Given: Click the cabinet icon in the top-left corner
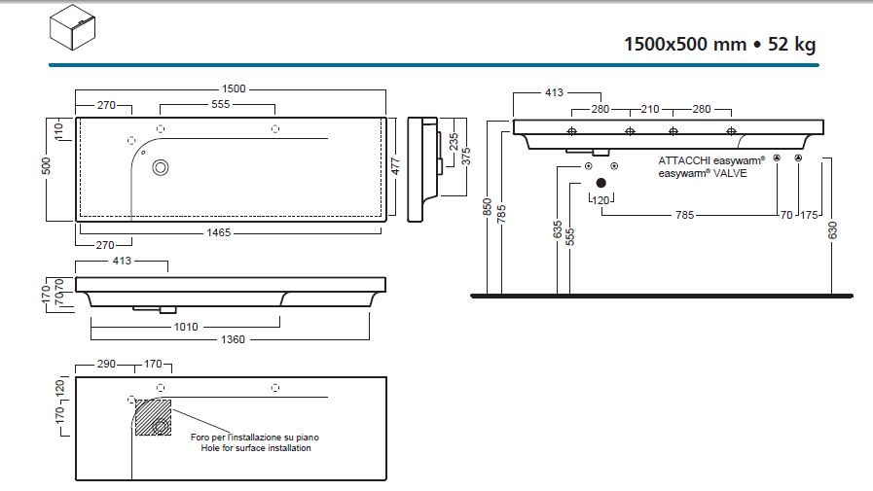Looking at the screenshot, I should click(75, 27).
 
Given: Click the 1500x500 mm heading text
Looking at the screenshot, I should click(682, 44).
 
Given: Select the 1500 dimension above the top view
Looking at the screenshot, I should click(234, 88).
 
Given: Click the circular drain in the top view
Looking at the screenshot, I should click(161, 167).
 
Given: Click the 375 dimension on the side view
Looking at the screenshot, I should click(468, 156).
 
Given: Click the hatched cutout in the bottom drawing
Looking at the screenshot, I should click(152, 415).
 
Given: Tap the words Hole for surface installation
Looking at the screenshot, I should click(256, 448).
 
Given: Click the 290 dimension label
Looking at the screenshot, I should click(107, 364).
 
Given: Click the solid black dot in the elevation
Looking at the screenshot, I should click(601, 182).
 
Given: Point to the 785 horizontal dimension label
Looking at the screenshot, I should click(684, 215).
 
